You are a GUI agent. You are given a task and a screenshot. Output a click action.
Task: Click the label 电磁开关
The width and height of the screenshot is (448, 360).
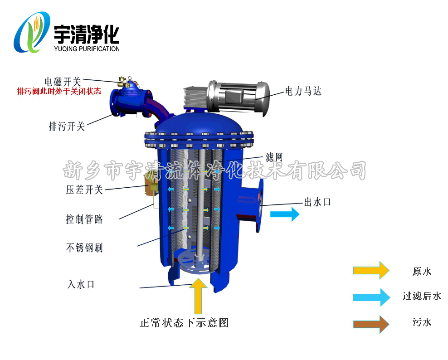(63, 82)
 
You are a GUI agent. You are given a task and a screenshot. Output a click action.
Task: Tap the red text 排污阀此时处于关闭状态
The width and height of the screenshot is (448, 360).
(59, 91)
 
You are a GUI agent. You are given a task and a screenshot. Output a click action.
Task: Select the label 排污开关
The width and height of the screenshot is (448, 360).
(67, 126)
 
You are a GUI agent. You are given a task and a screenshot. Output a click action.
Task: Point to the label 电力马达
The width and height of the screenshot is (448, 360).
(303, 91)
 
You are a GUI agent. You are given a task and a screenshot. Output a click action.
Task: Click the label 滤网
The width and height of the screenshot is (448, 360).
(274, 157)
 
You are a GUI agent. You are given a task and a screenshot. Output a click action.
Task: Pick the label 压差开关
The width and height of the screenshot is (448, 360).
(84, 190)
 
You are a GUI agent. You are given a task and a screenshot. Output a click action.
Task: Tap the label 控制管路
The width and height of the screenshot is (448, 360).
(84, 219)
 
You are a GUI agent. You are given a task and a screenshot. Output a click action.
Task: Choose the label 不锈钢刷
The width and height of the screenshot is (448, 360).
(84, 248)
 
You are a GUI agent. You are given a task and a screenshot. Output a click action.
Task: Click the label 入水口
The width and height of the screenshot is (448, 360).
(81, 284)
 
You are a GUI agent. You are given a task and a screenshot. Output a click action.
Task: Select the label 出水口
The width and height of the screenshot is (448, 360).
(317, 202)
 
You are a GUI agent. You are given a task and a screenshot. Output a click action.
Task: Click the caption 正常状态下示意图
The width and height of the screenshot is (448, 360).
(184, 322)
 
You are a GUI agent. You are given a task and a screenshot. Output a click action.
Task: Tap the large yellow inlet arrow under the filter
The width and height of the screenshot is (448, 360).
(198, 296)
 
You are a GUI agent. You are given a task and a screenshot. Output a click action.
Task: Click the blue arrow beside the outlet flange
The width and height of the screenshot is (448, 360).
(285, 214)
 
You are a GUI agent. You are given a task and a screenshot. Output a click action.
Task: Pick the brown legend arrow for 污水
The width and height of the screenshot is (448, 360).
(371, 324)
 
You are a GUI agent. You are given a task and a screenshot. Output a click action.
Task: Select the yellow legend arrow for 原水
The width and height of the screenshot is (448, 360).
(371, 270)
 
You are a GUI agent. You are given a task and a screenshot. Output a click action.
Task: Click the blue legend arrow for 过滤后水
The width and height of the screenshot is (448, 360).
(371, 297)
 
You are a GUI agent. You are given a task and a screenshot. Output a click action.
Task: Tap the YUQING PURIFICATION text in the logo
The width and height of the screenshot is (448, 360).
(87, 49)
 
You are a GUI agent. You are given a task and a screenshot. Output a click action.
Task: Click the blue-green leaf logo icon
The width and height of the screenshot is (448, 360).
(32, 32)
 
